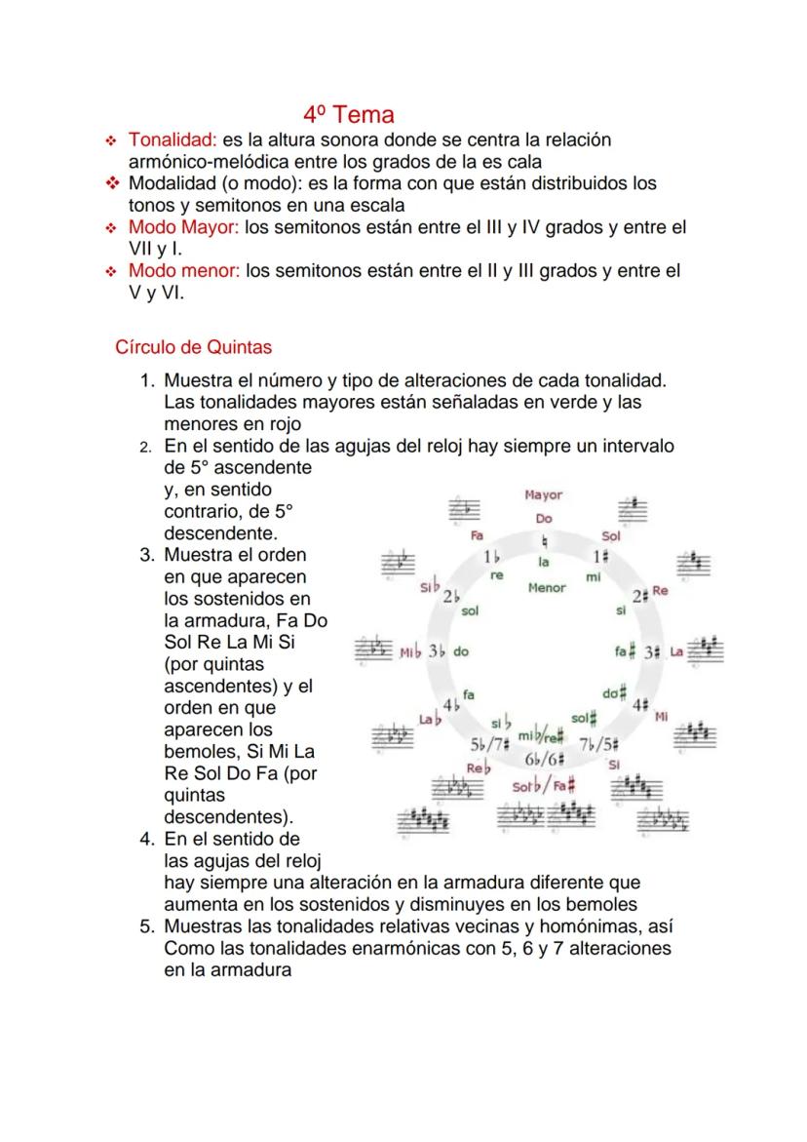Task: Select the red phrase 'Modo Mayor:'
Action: click(x=184, y=227)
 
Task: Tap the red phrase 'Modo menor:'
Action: click(x=184, y=270)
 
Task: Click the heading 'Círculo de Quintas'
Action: click(x=193, y=346)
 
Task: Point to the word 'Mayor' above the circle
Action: click(x=543, y=495)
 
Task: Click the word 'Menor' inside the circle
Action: click(x=546, y=588)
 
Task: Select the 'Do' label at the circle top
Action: click(x=544, y=519)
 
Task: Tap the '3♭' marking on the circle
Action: click(x=436, y=651)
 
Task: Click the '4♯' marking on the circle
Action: click(x=640, y=703)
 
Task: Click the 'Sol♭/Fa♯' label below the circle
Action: click(x=544, y=785)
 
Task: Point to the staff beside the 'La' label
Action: click(x=706, y=650)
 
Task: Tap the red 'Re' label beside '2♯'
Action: click(x=660, y=591)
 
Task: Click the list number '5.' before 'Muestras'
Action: click(x=147, y=926)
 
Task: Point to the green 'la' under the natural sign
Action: click(x=544, y=562)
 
